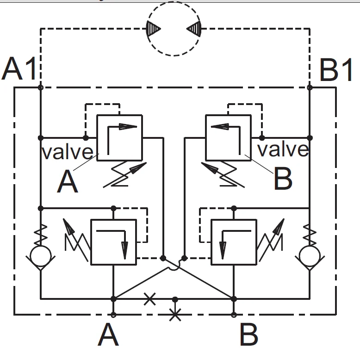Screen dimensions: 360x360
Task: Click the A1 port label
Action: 19,70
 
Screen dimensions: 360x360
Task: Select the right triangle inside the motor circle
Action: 194,29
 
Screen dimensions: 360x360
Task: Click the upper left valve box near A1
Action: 119,138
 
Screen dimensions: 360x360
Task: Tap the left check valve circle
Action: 41,255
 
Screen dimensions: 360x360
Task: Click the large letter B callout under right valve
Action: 283,179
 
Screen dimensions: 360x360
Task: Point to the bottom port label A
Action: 108,335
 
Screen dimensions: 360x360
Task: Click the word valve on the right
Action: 282,149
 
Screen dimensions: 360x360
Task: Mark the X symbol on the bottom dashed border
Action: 174,315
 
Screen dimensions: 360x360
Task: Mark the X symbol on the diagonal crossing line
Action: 149,299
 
